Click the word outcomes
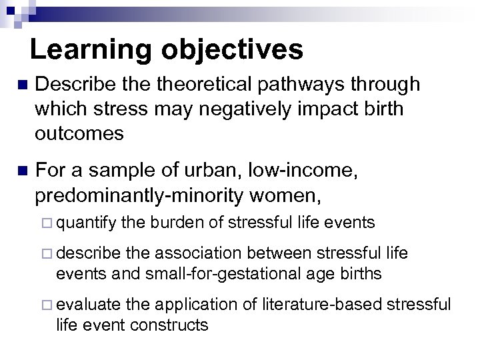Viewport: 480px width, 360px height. [80, 133]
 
